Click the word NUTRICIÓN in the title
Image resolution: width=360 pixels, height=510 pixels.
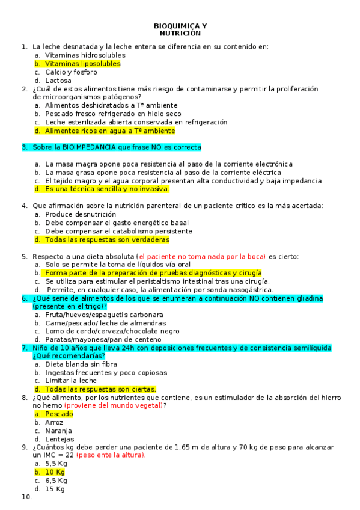[x=180, y=34]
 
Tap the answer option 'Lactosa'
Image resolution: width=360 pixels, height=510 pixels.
[x=58, y=80]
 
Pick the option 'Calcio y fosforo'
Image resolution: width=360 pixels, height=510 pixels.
[x=71, y=72]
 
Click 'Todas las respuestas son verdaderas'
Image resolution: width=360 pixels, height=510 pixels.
[x=107, y=239]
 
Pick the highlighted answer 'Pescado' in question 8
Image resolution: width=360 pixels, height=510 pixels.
[x=59, y=414]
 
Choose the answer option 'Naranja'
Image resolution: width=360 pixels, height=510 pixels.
[x=58, y=431]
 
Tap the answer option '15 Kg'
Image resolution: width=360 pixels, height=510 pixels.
[x=56, y=489]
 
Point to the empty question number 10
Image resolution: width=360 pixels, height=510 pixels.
[x=26, y=497]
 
